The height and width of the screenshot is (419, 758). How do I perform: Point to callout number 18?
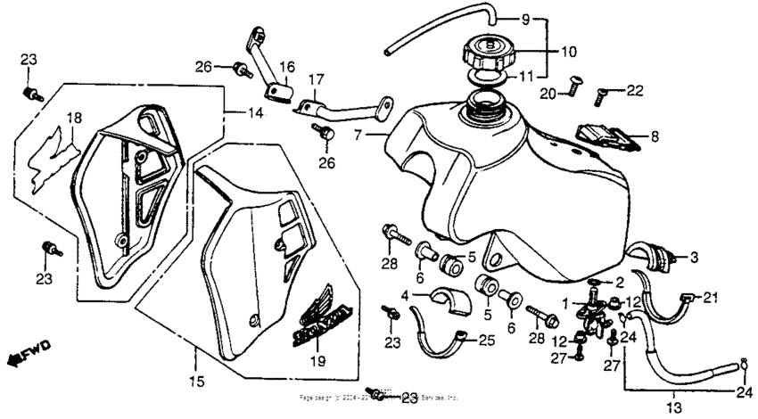(74, 118)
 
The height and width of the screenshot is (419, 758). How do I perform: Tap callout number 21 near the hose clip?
(710, 297)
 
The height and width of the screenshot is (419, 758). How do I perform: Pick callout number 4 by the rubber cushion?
(404, 294)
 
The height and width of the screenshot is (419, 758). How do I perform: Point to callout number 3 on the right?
(692, 258)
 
